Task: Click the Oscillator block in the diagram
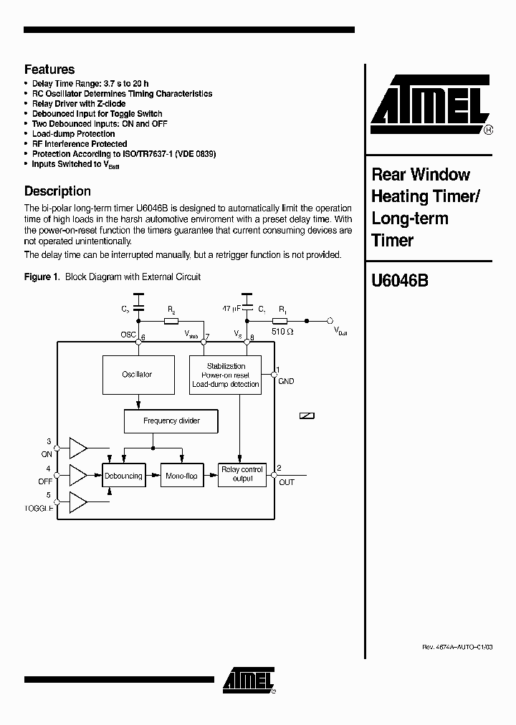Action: (x=137, y=375)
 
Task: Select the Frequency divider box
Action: (x=171, y=421)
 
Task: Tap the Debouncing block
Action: (x=123, y=476)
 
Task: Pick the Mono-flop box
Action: (x=181, y=476)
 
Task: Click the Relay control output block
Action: (x=242, y=474)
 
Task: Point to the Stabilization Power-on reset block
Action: (x=226, y=375)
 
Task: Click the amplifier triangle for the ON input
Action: (x=77, y=448)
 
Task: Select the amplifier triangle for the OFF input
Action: (x=77, y=474)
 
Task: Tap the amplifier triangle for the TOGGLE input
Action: (x=77, y=501)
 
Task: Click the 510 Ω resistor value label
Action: (x=283, y=331)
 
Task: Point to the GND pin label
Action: (x=286, y=382)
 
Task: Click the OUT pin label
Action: (x=287, y=482)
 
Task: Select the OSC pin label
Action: (x=129, y=335)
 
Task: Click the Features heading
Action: (x=49, y=69)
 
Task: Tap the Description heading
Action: (x=57, y=191)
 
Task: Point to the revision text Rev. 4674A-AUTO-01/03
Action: (x=457, y=646)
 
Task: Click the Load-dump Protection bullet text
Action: (x=73, y=134)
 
